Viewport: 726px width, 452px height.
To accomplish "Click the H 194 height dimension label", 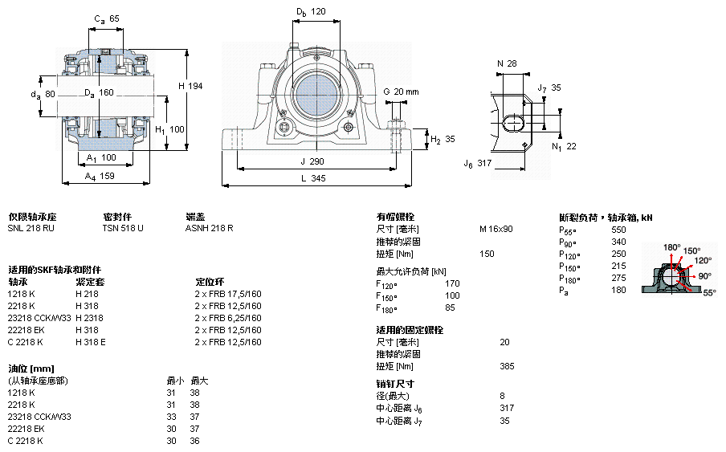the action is pyautogui.click(x=191, y=86).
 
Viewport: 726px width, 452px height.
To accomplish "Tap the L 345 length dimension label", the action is pyautogui.click(x=313, y=178).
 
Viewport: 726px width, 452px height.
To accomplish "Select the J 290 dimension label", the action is pyautogui.click(x=312, y=161).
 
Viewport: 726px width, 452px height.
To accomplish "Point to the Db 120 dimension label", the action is pyautogui.click(x=311, y=12).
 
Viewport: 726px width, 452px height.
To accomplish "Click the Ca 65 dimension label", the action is pyautogui.click(x=107, y=19).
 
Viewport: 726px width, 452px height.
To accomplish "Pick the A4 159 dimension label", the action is pyautogui.click(x=100, y=177).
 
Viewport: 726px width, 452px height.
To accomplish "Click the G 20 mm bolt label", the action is pyautogui.click(x=401, y=92).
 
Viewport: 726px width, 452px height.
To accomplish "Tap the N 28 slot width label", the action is pyautogui.click(x=507, y=63).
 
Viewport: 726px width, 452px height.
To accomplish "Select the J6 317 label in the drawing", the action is pyautogui.click(x=478, y=163).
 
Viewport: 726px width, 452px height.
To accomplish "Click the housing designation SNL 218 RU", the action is pyautogui.click(x=31, y=228).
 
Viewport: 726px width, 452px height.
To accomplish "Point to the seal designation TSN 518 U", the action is pyautogui.click(x=123, y=228).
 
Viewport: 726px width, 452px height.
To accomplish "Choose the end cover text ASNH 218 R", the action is pyautogui.click(x=210, y=228).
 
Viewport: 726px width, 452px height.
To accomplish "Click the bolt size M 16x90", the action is pyautogui.click(x=496, y=229).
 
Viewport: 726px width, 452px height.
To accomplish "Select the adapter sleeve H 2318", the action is pyautogui.click(x=89, y=318).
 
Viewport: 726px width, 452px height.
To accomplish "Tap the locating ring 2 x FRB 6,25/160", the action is pyautogui.click(x=228, y=318).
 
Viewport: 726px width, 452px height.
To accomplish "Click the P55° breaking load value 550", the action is pyautogui.click(x=618, y=230).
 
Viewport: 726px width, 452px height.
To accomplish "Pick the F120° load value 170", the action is pyautogui.click(x=452, y=283).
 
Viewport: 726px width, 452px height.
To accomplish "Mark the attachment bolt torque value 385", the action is pyautogui.click(x=507, y=366).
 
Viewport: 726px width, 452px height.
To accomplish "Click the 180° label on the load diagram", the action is pyautogui.click(x=672, y=247).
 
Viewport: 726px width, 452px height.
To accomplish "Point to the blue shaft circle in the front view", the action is pyautogui.click(x=316, y=94).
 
